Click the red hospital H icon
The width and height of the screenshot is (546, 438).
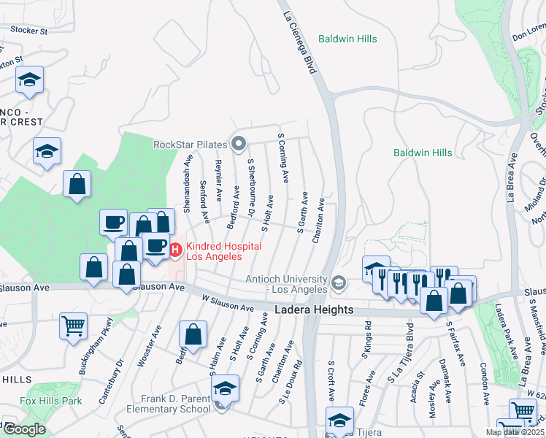[176, 251]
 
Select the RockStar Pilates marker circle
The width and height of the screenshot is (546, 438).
[237, 144]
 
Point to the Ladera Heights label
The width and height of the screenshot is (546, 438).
[315, 310]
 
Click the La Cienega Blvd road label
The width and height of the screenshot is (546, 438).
[301, 36]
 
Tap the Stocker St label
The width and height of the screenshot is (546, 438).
[28, 31]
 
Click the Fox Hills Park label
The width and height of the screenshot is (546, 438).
[51, 401]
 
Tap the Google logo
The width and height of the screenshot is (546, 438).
[24, 429]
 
